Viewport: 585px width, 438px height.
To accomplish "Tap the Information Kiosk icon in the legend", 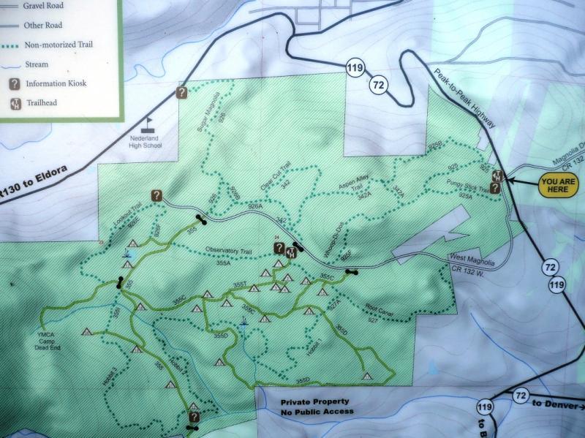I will (x=14, y=83).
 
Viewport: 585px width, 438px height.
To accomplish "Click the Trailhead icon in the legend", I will (x=14, y=102).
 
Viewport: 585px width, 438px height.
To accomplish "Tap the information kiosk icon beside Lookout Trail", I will (x=156, y=195).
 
